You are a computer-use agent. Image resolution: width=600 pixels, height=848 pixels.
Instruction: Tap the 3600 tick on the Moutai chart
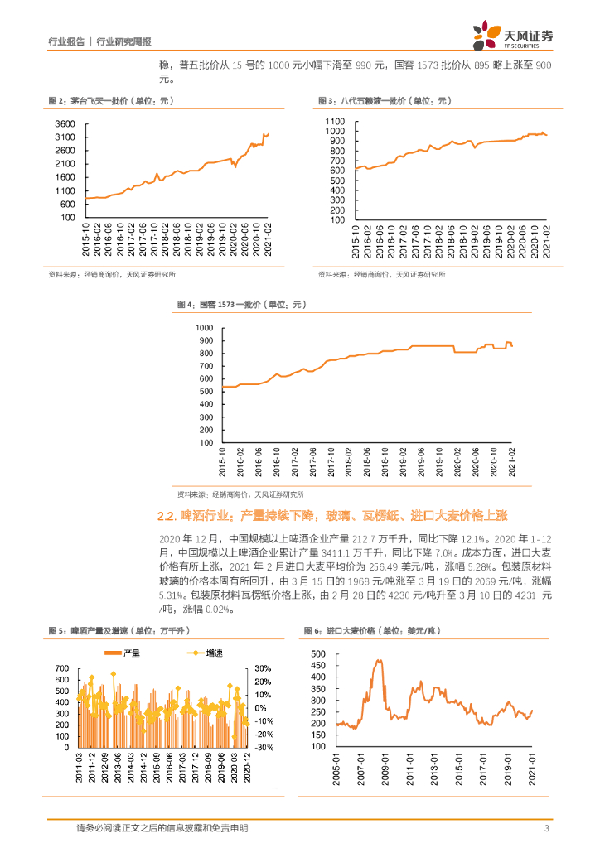point(66,123)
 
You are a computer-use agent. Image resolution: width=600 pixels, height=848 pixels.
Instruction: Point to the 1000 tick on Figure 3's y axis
point(335,131)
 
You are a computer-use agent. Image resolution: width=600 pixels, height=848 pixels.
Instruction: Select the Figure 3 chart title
point(383,100)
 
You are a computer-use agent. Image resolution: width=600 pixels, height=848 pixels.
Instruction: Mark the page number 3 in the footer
point(546,828)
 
